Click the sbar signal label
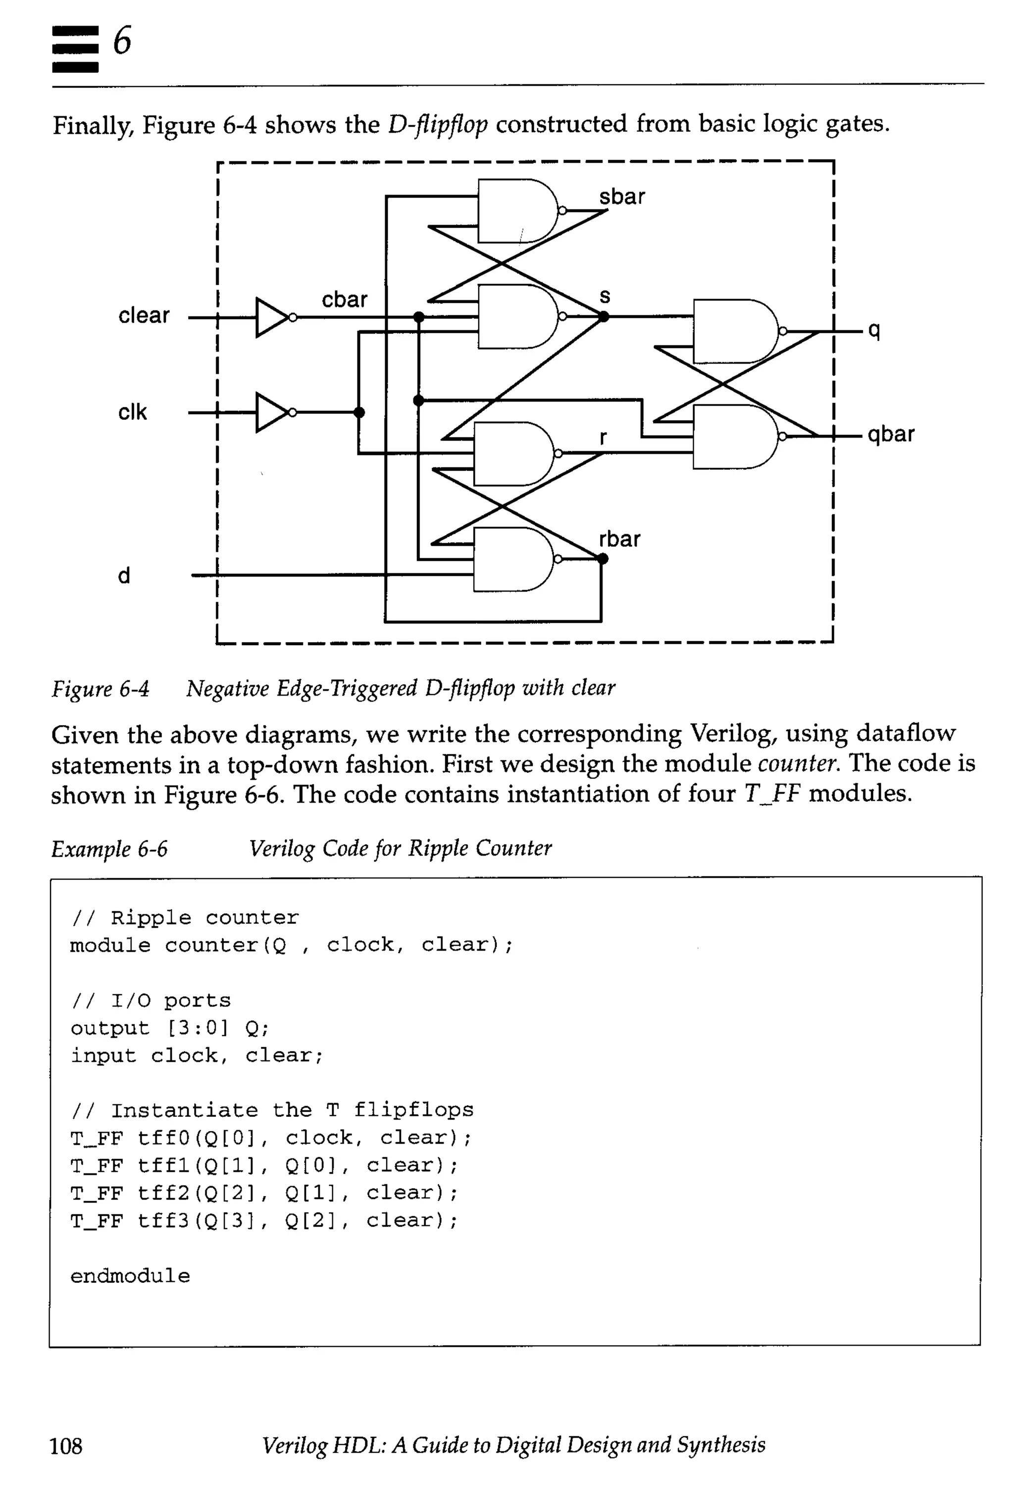coord(621,197)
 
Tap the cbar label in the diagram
coord(344,300)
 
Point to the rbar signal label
coord(619,539)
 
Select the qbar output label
coord(891,434)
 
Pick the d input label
coord(123,575)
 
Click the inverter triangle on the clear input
coord(272,317)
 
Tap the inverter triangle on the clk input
coord(272,412)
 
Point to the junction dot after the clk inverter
coord(359,412)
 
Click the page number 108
coord(66,1445)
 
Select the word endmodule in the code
coord(130,1276)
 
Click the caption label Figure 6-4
coord(100,689)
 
